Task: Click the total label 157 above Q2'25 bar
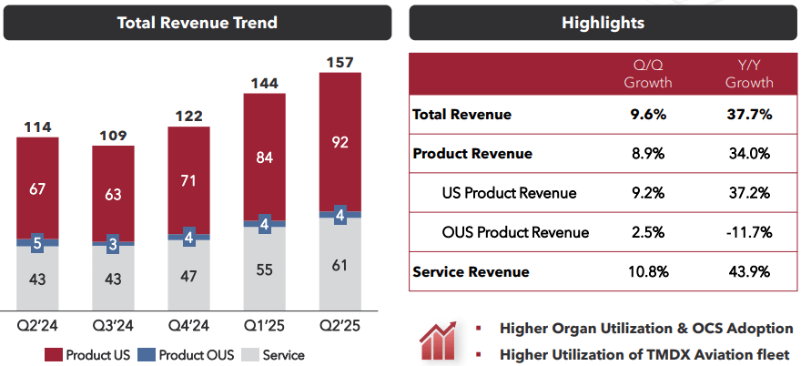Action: (340, 63)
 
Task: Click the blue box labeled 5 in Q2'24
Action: (37, 243)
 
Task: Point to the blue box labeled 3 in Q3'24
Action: (113, 244)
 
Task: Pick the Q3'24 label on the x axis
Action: (113, 326)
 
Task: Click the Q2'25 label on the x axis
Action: (340, 326)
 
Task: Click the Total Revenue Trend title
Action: (198, 23)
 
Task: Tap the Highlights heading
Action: (603, 23)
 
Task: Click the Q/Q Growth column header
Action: (647, 75)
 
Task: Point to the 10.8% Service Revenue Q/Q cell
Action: (647, 271)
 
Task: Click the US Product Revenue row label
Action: (510, 193)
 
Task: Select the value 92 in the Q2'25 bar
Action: (340, 142)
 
